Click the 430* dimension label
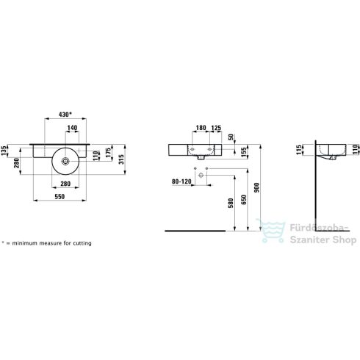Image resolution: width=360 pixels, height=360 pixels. tap(65, 114)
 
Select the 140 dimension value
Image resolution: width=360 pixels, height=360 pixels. tap(72, 128)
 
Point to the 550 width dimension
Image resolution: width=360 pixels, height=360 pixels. tap(60, 196)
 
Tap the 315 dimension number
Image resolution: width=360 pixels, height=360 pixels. tap(121, 159)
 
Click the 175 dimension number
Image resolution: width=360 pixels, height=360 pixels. tap(108, 153)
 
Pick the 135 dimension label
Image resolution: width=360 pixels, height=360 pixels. tap(4, 151)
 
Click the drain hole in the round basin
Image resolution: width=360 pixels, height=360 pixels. tap(65, 161)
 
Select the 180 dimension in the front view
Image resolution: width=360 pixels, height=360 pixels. tap(201, 128)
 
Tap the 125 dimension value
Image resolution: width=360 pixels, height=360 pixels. tap(216, 128)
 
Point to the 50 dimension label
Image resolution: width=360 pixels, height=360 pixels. tap(231, 137)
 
